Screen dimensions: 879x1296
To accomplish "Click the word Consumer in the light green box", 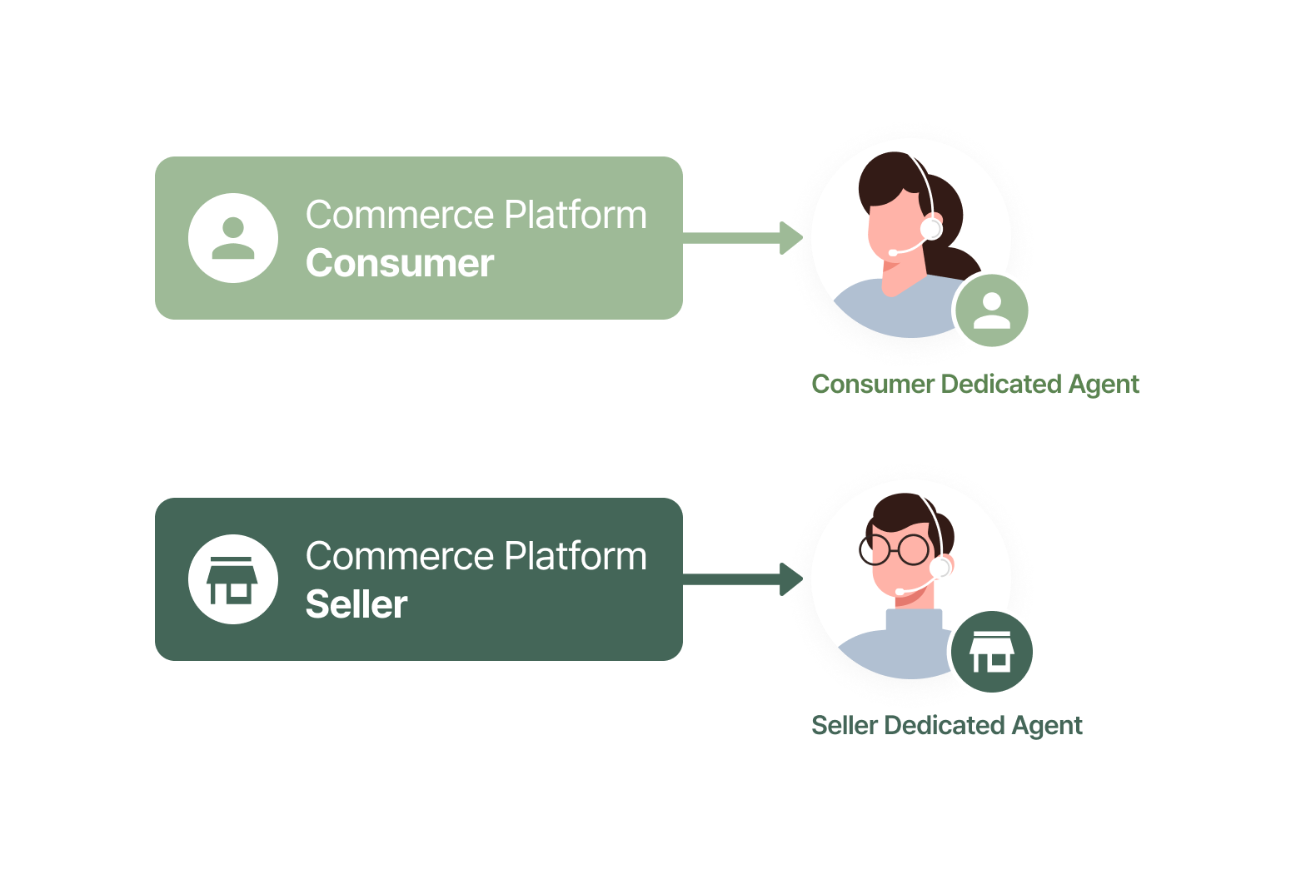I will pos(400,264).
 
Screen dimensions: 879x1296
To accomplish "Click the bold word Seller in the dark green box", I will pos(356,605).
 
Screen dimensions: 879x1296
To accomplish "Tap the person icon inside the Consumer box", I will pos(233,238).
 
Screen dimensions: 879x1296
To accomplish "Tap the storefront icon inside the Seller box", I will pos(233,579).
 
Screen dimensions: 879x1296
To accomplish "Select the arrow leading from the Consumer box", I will pos(741,238).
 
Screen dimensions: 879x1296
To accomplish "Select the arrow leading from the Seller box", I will pos(741,579).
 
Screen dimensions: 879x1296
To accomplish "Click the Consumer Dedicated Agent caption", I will pos(974,385).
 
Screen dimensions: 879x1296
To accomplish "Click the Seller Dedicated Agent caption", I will pos(946,726).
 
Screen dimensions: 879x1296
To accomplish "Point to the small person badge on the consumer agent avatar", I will pos(992,311).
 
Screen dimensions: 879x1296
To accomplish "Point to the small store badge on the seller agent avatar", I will pos(992,653).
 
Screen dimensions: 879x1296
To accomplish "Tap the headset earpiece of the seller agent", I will pos(940,568).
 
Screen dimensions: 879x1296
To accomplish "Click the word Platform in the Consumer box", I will pos(576,216).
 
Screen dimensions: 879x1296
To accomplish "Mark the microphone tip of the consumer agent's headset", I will pos(893,251).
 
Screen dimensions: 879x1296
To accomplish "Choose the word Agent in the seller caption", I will pos(1047,726).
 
